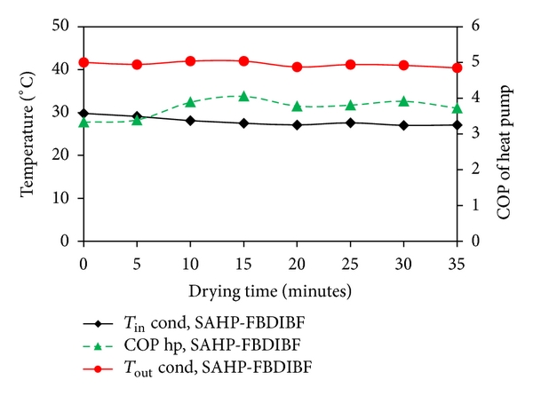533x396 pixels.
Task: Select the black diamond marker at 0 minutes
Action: click(84, 113)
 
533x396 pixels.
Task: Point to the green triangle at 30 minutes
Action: click(403, 100)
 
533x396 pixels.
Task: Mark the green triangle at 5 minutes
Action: click(137, 120)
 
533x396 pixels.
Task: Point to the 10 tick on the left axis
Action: click(65, 198)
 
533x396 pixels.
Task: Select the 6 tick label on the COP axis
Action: click(475, 27)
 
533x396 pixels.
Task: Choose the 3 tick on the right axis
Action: click(475, 134)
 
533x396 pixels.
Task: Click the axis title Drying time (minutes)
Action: click(269, 290)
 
